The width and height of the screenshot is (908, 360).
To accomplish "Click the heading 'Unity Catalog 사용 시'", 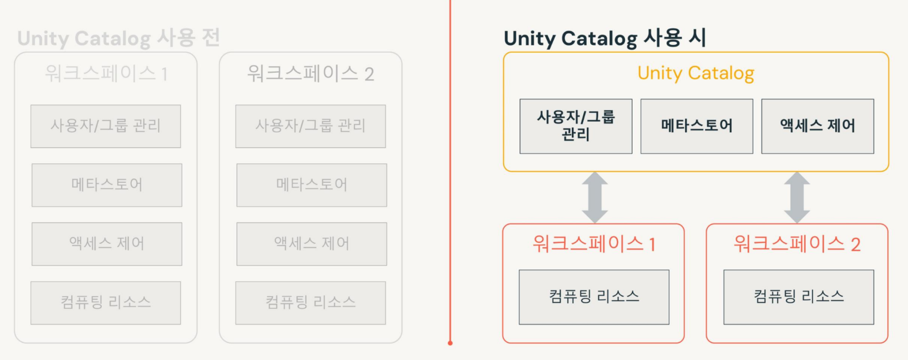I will point(605,38).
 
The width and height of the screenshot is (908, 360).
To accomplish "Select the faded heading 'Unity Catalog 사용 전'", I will point(118,38).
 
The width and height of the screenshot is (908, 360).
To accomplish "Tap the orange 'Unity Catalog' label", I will point(696,73).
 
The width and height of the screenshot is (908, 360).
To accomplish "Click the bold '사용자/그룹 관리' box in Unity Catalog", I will point(576,126).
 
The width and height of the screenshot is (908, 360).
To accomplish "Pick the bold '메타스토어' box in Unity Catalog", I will point(696,126).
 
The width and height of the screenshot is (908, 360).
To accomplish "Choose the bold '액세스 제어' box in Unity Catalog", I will point(817,126).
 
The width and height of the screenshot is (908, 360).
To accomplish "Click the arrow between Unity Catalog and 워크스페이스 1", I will point(595,197).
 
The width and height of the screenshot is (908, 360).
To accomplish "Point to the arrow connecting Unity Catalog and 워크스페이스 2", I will point(797,197).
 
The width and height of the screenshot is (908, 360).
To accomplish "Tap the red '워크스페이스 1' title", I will point(594,244).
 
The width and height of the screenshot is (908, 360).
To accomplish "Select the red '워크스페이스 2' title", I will point(797,244).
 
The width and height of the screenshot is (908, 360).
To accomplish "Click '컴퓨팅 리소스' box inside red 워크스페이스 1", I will point(594,297).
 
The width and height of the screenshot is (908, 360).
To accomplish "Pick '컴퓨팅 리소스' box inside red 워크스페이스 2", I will point(799,297).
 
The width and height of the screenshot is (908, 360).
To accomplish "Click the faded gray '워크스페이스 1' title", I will point(106,73).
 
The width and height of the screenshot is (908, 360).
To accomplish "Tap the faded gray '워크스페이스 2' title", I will point(311,73).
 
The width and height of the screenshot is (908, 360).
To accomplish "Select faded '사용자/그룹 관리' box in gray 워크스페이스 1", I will point(106,126).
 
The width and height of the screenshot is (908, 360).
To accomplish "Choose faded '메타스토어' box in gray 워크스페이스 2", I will point(312,185).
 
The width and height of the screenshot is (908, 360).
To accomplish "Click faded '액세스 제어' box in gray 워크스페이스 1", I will point(107,244).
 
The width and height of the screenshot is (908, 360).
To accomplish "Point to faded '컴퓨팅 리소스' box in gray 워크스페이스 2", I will point(311,303).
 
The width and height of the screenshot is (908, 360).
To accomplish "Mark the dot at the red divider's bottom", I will point(450,343).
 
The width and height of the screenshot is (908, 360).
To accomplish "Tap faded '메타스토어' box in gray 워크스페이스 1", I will point(107,185).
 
